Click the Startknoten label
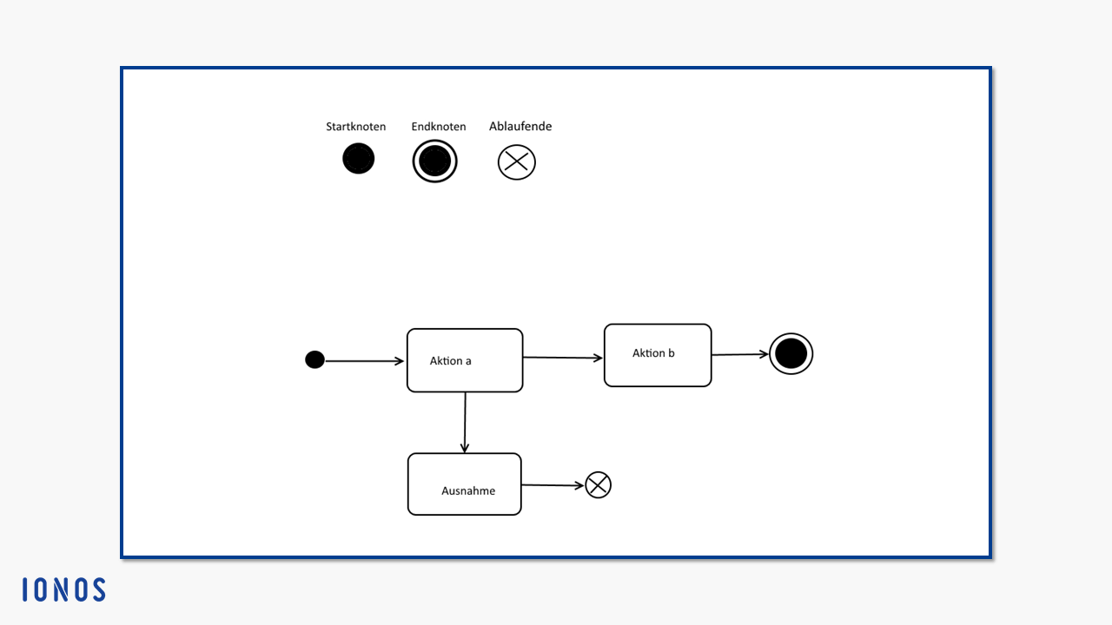(355, 127)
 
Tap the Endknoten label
(439, 127)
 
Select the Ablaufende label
(520, 126)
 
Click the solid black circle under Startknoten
(359, 158)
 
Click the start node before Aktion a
(314, 359)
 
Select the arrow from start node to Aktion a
(365, 361)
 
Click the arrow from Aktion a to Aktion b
(563, 357)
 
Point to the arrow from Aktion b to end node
(740, 354)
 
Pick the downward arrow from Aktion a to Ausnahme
(465, 423)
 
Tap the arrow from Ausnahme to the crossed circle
(553, 485)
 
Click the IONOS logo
(64, 589)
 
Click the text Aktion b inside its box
(653, 353)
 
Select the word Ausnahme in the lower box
(468, 491)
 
